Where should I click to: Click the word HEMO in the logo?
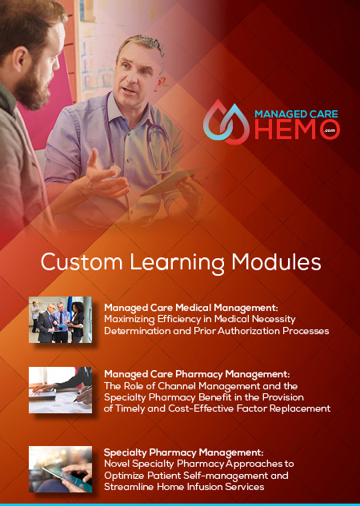(289, 129)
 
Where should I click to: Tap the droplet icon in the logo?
(226, 122)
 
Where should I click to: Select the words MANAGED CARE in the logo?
(296, 114)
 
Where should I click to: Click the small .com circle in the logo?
(331, 130)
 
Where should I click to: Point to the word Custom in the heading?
(82, 261)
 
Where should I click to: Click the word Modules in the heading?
(276, 261)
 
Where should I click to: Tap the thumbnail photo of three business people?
(60, 320)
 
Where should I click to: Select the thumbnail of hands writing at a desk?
(60, 390)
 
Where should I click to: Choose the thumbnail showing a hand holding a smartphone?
(60, 469)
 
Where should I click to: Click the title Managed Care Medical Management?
(191, 308)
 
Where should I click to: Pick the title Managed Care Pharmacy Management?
(197, 374)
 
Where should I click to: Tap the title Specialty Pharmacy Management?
(184, 452)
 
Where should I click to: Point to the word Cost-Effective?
(201, 408)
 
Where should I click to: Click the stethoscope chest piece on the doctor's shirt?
(115, 171)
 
